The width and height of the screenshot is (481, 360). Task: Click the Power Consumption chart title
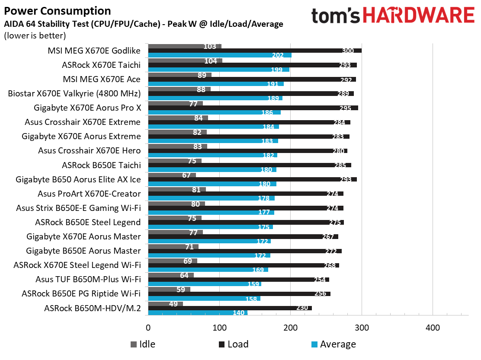click(x=57, y=11)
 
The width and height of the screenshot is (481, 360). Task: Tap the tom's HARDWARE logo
click(x=392, y=16)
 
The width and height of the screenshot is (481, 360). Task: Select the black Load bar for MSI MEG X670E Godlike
click(x=255, y=51)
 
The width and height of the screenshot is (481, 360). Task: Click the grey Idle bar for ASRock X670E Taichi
click(x=185, y=61)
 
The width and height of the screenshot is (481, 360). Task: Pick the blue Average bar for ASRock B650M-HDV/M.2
click(x=198, y=312)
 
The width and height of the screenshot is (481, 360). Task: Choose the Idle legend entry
click(x=143, y=344)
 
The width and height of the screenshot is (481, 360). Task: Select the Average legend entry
click(x=333, y=344)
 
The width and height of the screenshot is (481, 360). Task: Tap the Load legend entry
click(x=233, y=344)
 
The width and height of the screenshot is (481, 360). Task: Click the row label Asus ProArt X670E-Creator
click(x=89, y=194)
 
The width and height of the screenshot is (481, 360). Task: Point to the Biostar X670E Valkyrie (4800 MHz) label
click(x=74, y=93)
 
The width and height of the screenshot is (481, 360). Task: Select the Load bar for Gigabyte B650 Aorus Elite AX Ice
click(x=252, y=179)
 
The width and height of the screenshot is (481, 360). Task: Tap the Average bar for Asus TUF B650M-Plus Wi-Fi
click(x=205, y=284)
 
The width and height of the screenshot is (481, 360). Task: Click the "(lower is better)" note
click(x=35, y=35)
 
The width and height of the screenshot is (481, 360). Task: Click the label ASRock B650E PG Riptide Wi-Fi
click(x=81, y=294)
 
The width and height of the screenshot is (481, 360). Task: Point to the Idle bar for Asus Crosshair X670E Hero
click(x=177, y=146)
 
